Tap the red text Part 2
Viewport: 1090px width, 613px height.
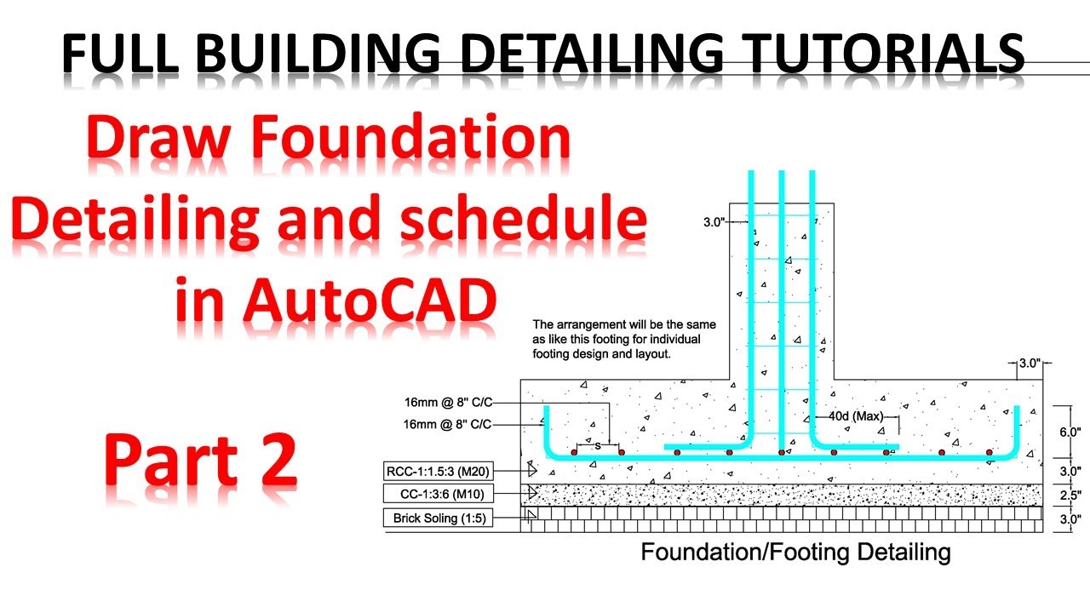tap(200, 460)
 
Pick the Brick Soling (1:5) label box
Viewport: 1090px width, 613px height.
tap(439, 518)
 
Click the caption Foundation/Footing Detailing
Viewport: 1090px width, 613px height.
tap(795, 553)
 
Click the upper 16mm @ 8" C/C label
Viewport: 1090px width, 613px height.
tap(449, 402)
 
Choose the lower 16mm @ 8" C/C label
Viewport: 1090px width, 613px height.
tap(449, 424)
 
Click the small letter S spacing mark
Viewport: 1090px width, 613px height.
tap(598, 445)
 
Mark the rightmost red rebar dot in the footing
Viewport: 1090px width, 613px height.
tap(990, 452)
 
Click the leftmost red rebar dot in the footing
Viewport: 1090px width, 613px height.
tap(574, 452)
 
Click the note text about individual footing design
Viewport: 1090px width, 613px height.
tap(624, 339)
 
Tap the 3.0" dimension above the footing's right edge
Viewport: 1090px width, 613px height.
tap(1030, 364)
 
